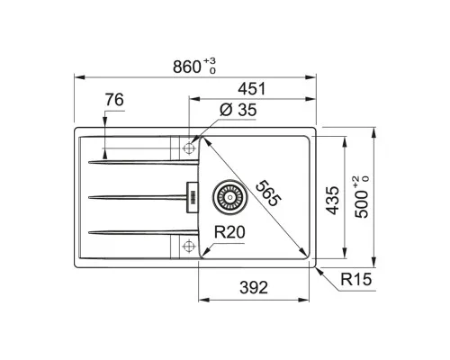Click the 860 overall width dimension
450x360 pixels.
click(x=186, y=67)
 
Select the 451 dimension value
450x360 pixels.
click(x=252, y=89)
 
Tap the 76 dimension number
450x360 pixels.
click(x=114, y=100)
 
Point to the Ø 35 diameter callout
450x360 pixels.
click(x=238, y=110)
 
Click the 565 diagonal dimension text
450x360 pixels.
click(x=268, y=193)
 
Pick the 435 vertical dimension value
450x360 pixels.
click(x=332, y=201)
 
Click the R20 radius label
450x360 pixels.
click(x=229, y=232)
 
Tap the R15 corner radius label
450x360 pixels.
click(x=356, y=279)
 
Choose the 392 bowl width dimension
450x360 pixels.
click(x=254, y=288)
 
